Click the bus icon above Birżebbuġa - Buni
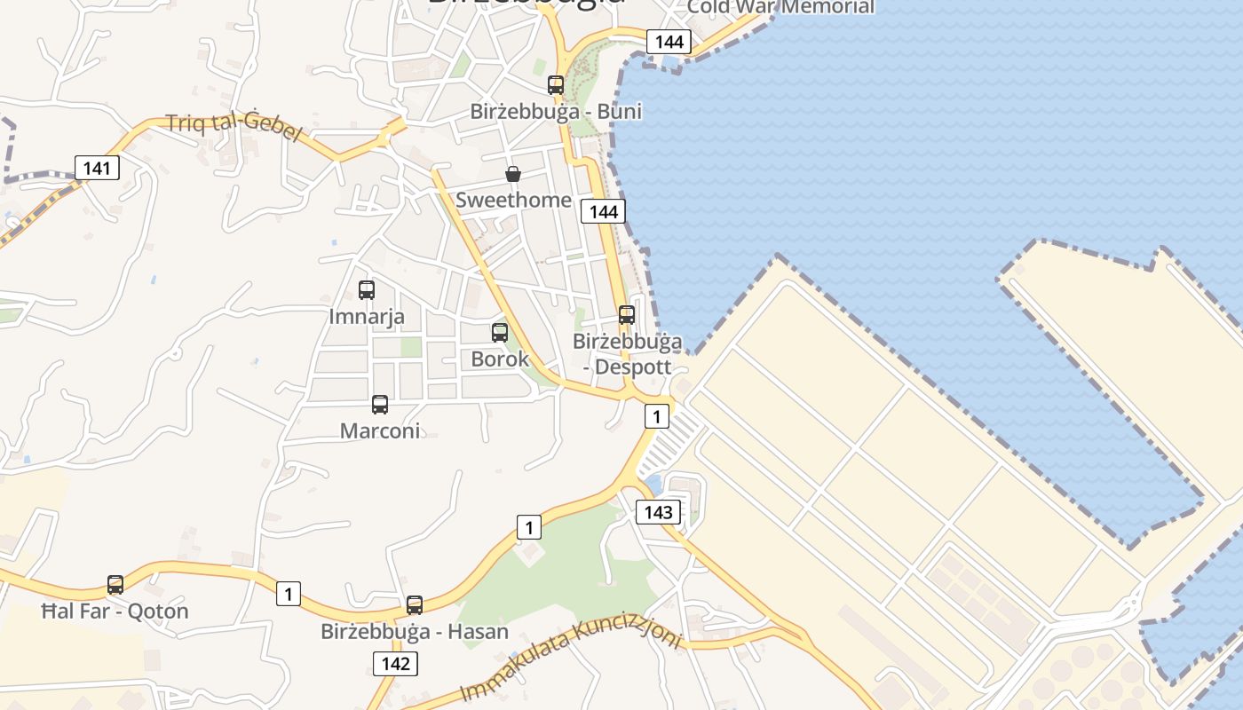(556, 85)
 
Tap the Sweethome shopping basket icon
(513, 174)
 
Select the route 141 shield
(97, 168)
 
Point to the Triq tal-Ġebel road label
(234, 126)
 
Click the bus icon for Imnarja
(367, 289)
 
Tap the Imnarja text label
(367, 316)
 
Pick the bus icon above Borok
(500, 333)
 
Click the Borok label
(500, 359)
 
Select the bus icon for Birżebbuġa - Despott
(627, 314)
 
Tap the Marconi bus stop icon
(380, 405)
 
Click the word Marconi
(380, 430)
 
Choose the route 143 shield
(658, 512)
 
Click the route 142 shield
(395, 664)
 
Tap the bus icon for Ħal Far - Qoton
(115, 585)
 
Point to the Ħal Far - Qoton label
(115, 611)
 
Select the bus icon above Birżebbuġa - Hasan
(415, 605)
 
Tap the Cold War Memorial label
(780, 7)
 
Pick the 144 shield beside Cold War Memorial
(669, 41)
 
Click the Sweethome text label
(513, 200)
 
